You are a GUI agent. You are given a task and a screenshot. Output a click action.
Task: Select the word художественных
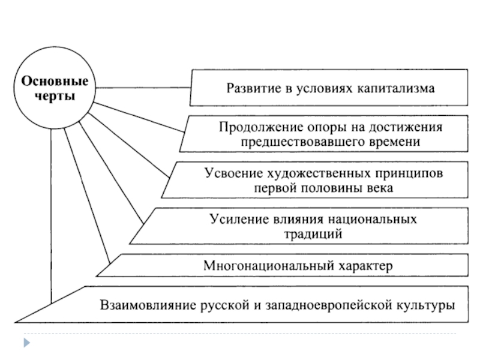tap(313, 174)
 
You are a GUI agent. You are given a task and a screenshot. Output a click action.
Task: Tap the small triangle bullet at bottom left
tap(26, 343)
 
